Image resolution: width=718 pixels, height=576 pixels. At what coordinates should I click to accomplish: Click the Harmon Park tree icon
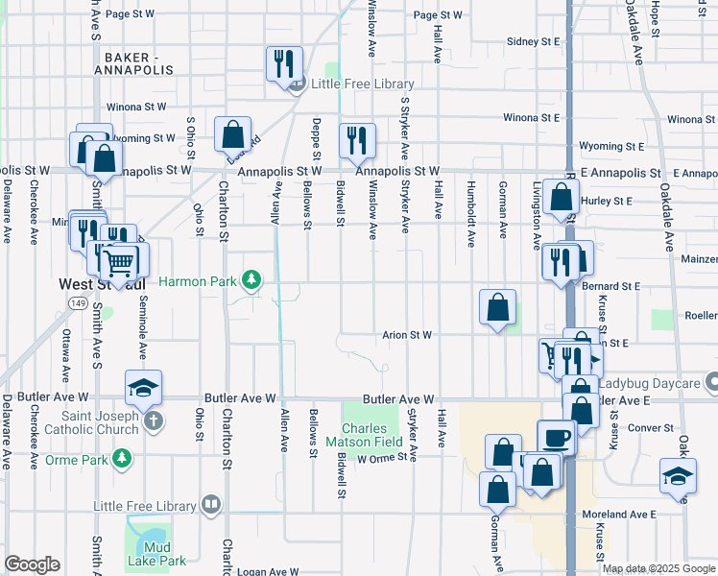click(x=251, y=280)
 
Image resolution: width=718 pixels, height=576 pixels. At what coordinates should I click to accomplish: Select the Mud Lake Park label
click(x=158, y=554)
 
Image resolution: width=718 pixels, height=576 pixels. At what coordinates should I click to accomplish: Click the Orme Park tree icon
click(x=122, y=460)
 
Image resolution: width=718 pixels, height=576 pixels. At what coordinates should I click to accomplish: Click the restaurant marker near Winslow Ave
click(x=357, y=141)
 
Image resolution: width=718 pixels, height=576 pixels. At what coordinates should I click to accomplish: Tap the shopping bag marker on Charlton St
click(x=232, y=134)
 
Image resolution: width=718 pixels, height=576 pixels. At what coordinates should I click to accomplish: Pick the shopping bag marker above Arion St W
click(x=498, y=308)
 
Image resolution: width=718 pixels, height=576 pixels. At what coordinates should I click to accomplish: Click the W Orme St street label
click(x=383, y=459)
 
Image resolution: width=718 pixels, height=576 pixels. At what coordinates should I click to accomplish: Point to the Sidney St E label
click(x=533, y=42)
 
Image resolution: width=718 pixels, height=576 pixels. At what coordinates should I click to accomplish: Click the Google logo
click(x=33, y=564)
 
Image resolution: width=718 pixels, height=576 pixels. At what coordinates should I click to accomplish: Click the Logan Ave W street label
click(x=269, y=572)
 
